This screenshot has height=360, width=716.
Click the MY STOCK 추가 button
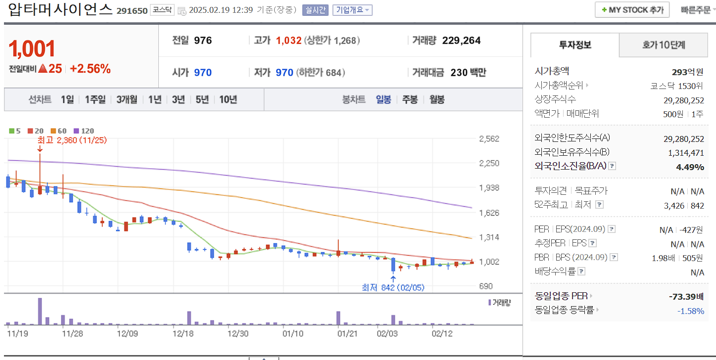(632, 10)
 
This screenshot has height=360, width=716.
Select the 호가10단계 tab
(664, 45)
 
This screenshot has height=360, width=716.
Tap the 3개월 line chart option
(127, 99)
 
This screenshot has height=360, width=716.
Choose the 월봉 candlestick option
(437, 99)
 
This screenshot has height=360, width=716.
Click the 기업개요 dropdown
(352, 10)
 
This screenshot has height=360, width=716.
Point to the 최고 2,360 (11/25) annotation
(72, 140)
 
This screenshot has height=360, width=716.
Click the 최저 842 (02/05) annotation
(393, 287)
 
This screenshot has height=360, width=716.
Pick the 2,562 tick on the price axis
(489, 138)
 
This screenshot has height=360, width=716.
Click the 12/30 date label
(238, 333)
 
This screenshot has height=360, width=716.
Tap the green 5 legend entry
(15, 131)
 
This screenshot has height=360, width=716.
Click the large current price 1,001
(32, 48)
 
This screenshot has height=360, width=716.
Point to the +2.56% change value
(90, 69)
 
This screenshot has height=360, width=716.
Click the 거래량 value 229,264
(461, 41)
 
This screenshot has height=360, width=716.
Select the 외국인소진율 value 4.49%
(690, 167)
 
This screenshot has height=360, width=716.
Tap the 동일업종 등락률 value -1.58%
(690, 311)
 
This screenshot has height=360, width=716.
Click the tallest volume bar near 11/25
(40, 311)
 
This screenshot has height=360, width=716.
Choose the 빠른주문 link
(695, 10)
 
